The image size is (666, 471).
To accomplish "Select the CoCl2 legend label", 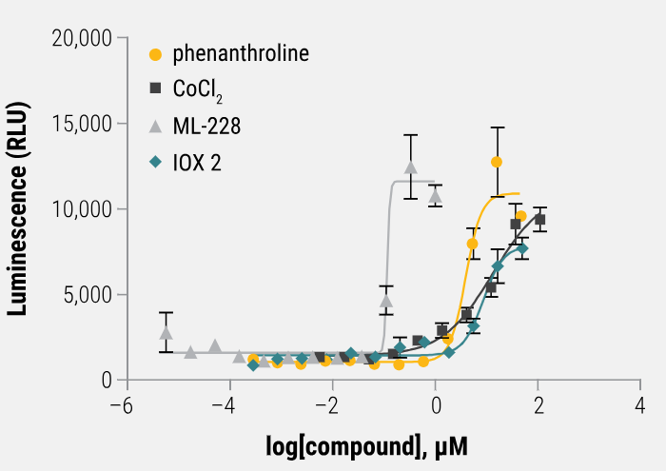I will [198, 89].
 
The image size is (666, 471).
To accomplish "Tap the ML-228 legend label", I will [206, 126].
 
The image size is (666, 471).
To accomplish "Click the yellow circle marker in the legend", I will [156, 54].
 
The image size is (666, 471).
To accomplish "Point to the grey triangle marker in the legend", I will [156, 125].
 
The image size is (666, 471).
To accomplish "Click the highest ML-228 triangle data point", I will [411, 167].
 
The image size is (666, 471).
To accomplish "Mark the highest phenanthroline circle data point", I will [497, 162].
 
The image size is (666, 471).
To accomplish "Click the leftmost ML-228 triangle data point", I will [166, 333].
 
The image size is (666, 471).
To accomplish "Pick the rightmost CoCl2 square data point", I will [539, 220].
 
